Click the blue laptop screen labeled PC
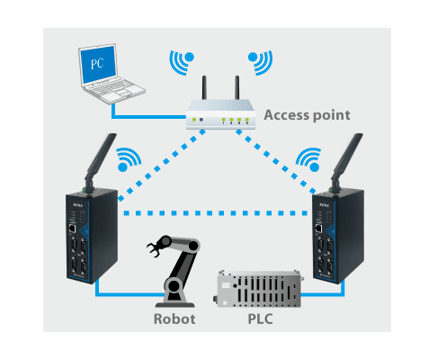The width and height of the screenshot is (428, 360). pyautogui.click(x=97, y=64)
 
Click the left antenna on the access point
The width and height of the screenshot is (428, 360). pyautogui.click(x=204, y=87)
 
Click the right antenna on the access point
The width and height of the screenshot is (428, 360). pyautogui.click(x=237, y=87)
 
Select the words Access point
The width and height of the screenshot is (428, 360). pyautogui.click(x=307, y=115)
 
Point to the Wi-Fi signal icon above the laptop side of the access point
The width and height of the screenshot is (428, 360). pyautogui.click(x=182, y=62)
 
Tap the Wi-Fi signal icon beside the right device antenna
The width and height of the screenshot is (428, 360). pyautogui.click(x=308, y=159)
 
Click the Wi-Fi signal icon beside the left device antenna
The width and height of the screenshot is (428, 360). pyautogui.click(x=129, y=159)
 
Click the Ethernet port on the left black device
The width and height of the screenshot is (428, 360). pyautogui.click(x=72, y=229)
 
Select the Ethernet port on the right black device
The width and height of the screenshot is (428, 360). pyautogui.click(x=319, y=229)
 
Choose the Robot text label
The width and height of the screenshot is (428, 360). pyautogui.click(x=174, y=319)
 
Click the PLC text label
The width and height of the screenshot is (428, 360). pyautogui.click(x=260, y=319)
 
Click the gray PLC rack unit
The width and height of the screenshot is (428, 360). pyautogui.click(x=258, y=289)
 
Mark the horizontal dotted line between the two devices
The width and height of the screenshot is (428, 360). pyautogui.click(x=216, y=213)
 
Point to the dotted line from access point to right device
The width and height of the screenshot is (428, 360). pyautogui.click(x=276, y=161)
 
